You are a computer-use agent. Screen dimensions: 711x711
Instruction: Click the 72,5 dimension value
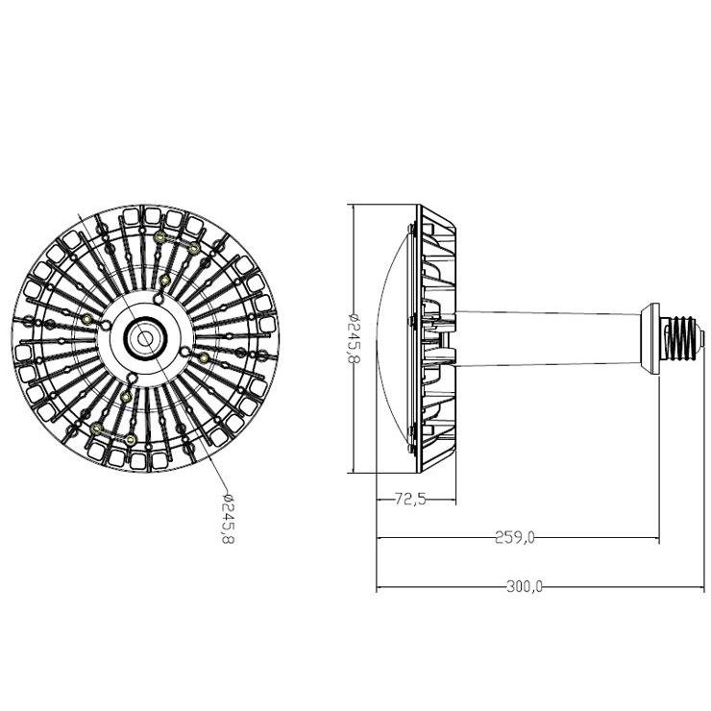click(410, 500)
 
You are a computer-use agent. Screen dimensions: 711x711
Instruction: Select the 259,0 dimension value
click(514, 538)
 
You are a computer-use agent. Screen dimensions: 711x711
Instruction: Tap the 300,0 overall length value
click(525, 587)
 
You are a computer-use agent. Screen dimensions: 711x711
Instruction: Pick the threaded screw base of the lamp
click(679, 339)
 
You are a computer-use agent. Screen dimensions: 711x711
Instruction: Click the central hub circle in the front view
click(145, 338)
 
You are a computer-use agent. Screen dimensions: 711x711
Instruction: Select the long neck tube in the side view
click(548, 339)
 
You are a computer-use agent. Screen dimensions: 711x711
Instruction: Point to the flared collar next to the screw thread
click(650, 339)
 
